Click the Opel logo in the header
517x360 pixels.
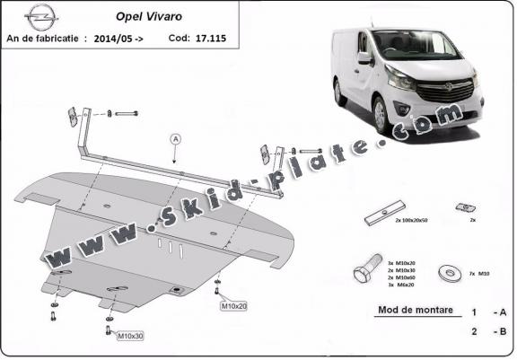pyautogui.click(x=39, y=16)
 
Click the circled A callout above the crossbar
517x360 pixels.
pyautogui.click(x=175, y=138)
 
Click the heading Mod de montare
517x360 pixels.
pyautogui.click(x=409, y=312)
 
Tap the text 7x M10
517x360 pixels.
pyautogui.click(x=479, y=272)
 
